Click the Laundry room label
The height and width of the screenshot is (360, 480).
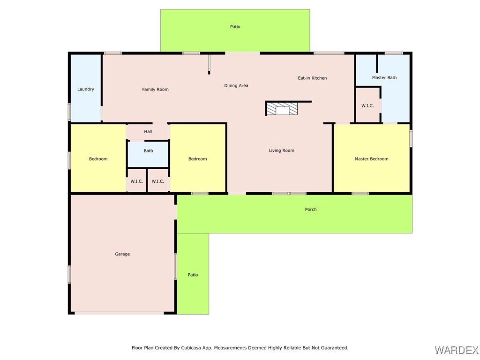coord(86,89)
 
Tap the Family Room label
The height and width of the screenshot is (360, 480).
coord(155,90)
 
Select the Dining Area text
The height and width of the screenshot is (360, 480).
coord(236,85)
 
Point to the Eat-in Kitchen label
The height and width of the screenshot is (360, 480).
coord(312,78)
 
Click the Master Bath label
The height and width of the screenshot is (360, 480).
coord(384,78)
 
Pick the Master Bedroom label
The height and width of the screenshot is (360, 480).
coord(371,159)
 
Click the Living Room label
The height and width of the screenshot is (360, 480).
coord(281,150)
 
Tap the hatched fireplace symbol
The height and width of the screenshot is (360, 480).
coord(282,109)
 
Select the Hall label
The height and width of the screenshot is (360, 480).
coord(148,132)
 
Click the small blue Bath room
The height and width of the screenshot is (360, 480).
coord(148,154)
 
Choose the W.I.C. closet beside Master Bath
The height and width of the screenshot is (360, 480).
coord(367,105)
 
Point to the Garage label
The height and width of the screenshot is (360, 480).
coord(122,254)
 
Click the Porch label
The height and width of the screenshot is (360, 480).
coord(311,210)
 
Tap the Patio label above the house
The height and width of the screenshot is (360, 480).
coord(235,27)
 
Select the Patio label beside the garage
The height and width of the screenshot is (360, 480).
coord(193,275)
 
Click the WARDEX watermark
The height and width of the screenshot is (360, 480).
coord(457,350)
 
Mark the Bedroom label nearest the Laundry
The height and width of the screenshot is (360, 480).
coord(98,159)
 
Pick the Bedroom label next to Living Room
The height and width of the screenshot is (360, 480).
coord(197,159)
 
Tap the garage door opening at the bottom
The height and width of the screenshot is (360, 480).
coord(120,313)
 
